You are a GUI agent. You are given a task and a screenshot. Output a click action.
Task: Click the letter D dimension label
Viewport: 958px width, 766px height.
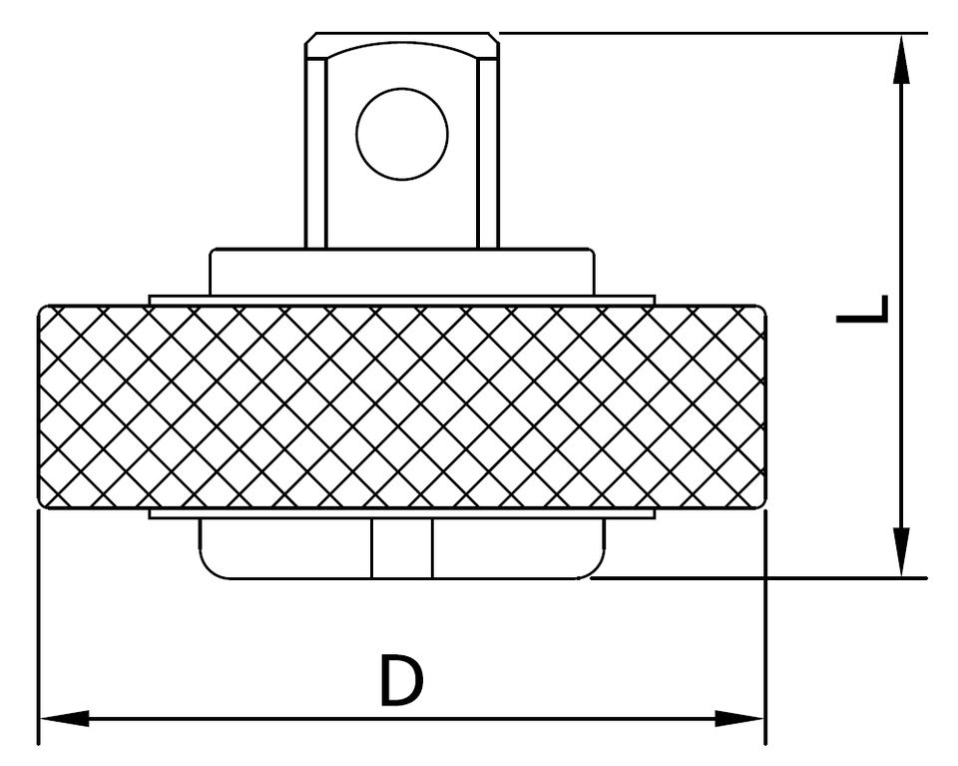click(x=401, y=681)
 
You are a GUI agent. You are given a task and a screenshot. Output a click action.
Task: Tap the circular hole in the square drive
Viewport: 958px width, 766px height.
click(x=401, y=134)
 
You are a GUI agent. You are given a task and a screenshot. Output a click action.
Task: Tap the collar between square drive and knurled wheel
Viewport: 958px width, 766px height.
click(x=401, y=272)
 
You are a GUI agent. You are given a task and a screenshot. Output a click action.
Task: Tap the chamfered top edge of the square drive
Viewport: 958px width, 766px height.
click(x=401, y=38)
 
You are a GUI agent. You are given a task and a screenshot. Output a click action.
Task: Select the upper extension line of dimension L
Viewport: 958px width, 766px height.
click(x=699, y=33)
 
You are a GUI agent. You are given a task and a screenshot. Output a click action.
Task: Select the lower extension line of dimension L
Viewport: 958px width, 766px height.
click(x=758, y=577)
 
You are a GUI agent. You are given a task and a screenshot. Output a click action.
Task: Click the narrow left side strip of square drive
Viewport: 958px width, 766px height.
click(x=315, y=150)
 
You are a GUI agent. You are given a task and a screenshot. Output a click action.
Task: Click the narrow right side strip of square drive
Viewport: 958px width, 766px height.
click(x=488, y=150)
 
